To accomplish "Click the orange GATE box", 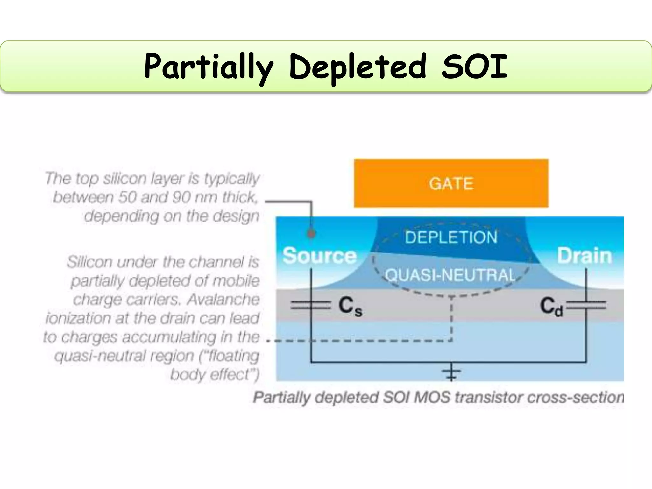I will (x=451, y=183).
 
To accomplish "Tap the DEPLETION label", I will (x=451, y=237).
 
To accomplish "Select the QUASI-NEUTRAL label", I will (x=450, y=275).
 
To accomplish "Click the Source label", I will (x=319, y=256).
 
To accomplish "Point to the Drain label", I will (x=585, y=256).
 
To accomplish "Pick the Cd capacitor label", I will (x=551, y=306).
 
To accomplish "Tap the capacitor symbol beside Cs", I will (x=311, y=305).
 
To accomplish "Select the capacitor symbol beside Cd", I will (x=586, y=305).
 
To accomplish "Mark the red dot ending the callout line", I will (x=311, y=234).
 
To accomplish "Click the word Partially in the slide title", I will (x=209, y=67).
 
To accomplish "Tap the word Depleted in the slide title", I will (x=358, y=67).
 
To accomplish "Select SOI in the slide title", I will (x=474, y=67).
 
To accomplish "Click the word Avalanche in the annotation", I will (x=223, y=300).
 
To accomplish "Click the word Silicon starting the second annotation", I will (x=90, y=262).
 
